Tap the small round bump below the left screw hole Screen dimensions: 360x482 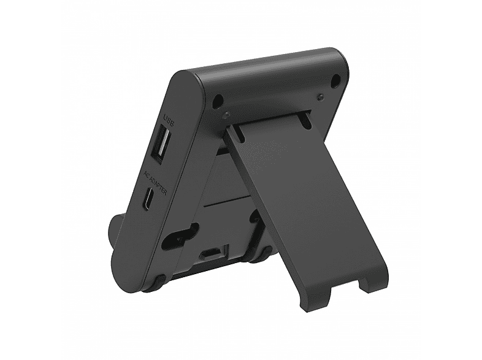tap(228, 116)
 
